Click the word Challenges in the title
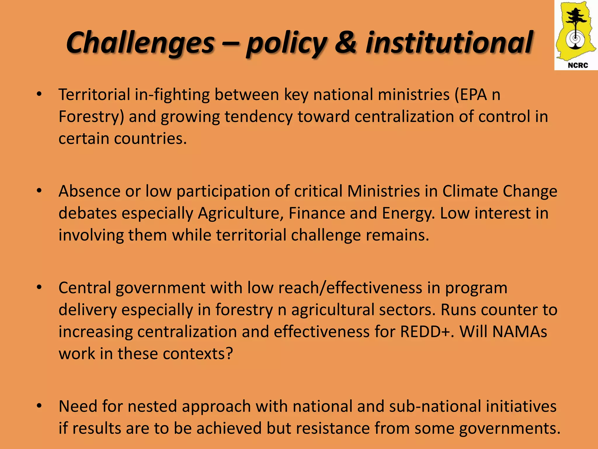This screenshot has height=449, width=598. click(140, 43)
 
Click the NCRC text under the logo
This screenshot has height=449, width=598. click(578, 65)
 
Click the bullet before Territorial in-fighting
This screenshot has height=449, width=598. click(39, 94)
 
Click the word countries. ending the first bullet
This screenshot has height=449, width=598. click(150, 139)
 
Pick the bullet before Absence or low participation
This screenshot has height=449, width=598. click(39, 191)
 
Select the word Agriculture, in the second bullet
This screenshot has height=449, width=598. click(241, 213)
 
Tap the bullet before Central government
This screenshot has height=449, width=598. click(39, 288)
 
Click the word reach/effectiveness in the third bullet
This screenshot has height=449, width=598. click(350, 288)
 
